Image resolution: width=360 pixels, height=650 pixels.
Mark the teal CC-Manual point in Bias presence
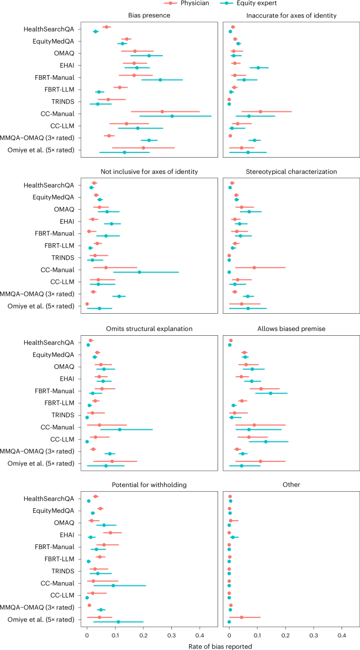(x=172, y=116)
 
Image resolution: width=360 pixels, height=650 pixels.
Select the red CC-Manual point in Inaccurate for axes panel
(x=260, y=111)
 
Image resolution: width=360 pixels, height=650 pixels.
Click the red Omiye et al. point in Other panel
(x=242, y=617)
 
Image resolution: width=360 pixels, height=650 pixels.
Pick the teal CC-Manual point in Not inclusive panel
(x=139, y=272)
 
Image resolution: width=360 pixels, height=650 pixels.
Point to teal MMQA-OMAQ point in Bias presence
(x=149, y=140)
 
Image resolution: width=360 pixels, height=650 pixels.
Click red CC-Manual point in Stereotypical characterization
(x=254, y=267)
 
